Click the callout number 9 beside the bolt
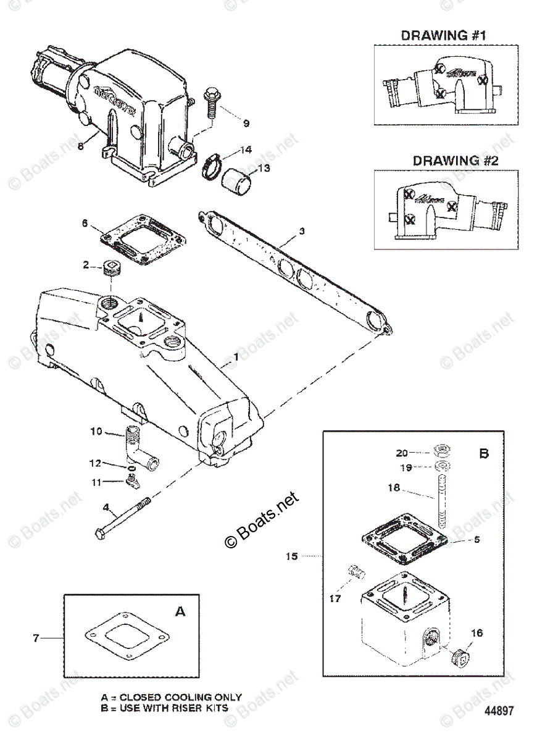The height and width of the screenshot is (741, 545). click(x=246, y=124)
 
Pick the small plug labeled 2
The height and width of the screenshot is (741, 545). click(x=111, y=269)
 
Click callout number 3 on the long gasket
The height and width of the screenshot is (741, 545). click(x=301, y=232)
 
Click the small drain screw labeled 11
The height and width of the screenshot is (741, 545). click(x=131, y=480)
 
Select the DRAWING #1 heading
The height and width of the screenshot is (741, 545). click(x=444, y=35)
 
